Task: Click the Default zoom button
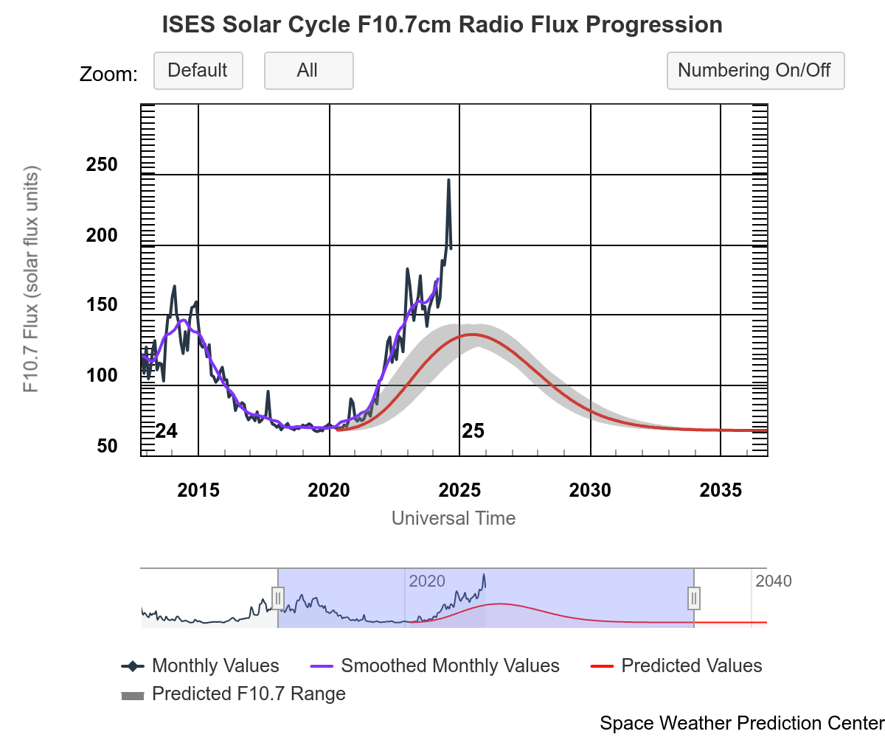click(x=198, y=71)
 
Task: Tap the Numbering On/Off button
click(x=754, y=71)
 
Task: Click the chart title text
click(x=442, y=25)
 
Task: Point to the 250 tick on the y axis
click(x=102, y=165)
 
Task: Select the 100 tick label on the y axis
click(x=102, y=376)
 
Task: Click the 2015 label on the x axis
click(x=198, y=490)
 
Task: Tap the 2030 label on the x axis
click(x=590, y=490)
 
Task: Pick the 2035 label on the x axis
click(x=721, y=490)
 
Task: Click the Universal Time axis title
click(x=453, y=518)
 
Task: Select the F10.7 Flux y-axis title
click(x=31, y=279)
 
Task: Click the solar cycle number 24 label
click(x=167, y=431)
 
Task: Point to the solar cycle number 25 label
click(x=473, y=431)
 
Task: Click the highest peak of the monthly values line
click(x=448, y=180)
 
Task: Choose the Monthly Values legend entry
click(x=215, y=666)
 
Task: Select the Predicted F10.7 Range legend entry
click(x=248, y=694)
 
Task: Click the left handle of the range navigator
click(x=278, y=598)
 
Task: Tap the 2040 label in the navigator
click(x=773, y=581)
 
